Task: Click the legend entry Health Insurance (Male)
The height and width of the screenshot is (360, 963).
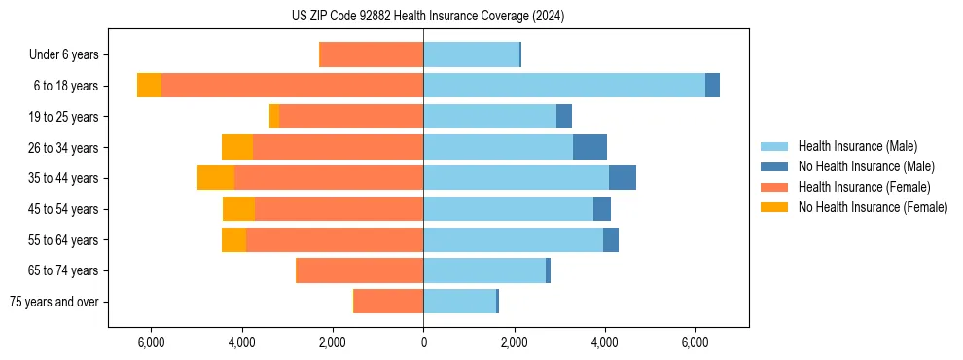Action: point(857,146)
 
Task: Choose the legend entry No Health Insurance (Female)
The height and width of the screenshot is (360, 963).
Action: point(873,207)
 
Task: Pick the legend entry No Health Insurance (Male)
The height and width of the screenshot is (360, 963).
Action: point(866,166)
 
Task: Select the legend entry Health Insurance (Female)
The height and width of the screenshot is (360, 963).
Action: point(864,187)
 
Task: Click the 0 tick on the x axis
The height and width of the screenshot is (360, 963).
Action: point(423,342)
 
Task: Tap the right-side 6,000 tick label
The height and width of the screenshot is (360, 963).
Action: point(695,342)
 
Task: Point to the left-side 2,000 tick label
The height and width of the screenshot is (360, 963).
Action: point(333,342)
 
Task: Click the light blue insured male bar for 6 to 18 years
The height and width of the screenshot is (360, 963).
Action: point(564,86)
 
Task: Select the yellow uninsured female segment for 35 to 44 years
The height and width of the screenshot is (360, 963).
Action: point(216,178)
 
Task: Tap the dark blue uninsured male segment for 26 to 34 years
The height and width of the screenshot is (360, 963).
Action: point(589,147)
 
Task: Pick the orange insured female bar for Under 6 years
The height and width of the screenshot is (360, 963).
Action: point(372,54)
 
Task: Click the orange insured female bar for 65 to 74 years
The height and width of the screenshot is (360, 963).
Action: point(360,270)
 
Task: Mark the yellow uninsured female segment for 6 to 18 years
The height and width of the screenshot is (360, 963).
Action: point(149,86)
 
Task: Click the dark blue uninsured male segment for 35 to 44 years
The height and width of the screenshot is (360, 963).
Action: point(623,178)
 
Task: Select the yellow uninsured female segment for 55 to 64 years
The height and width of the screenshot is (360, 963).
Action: point(233,239)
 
